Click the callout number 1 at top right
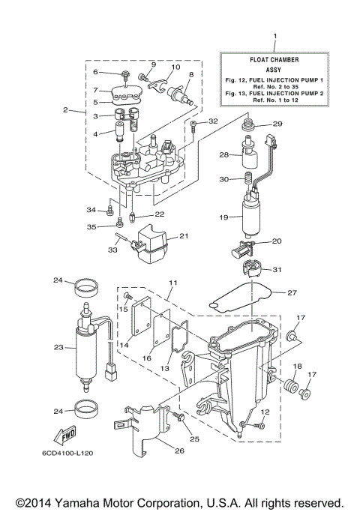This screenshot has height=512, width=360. click(275, 37)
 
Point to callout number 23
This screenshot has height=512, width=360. click(58, 347)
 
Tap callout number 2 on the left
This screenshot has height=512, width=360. click(66, 111)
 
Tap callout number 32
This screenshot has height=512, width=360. click(213, 121)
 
